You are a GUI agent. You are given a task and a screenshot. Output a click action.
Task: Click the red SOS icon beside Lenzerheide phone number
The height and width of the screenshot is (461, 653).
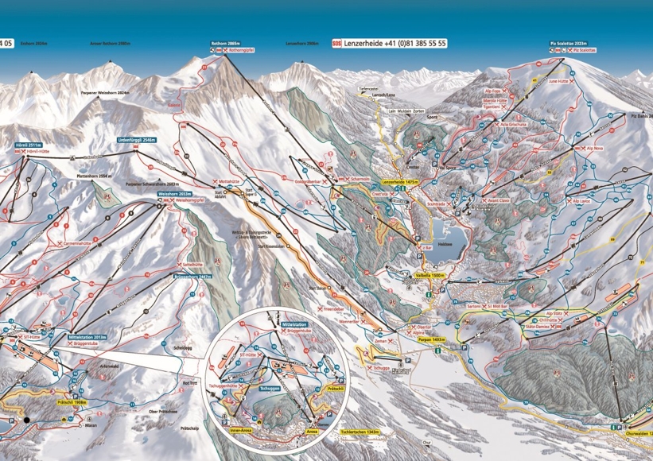[336, 43]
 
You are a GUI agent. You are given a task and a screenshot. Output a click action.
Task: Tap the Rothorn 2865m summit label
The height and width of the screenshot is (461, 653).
[225, 41]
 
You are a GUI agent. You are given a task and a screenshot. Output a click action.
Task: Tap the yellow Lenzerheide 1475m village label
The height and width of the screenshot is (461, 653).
[399, 182]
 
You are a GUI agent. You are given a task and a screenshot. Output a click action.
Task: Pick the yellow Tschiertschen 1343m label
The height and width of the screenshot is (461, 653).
[360, 432]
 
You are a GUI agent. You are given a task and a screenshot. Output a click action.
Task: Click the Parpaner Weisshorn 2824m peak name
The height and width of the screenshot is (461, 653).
[105, 93]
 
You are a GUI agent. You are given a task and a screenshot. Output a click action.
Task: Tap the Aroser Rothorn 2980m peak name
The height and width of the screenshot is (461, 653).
[112, 43]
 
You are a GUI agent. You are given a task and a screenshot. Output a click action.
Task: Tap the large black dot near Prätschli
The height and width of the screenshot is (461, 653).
[26, 419]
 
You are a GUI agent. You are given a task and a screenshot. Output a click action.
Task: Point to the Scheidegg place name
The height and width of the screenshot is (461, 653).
[182, 347]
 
